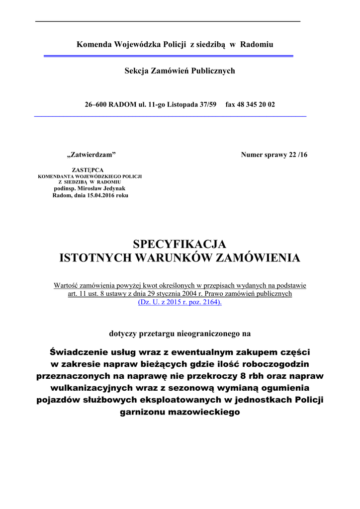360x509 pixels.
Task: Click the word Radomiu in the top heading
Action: point(257,45)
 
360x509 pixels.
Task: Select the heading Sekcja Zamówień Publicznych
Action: point(180,71)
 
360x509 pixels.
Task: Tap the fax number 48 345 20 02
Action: point(257,105)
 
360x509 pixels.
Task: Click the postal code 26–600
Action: point(95,105)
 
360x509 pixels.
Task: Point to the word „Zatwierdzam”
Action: point(91,155)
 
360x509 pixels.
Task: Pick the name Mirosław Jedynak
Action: point(102,189)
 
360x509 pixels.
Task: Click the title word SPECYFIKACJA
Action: point(180,245)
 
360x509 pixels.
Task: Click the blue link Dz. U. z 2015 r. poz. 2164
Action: point(180,302)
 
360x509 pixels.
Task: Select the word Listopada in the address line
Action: point(181,105)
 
